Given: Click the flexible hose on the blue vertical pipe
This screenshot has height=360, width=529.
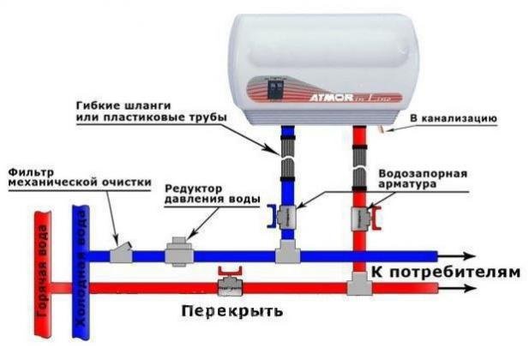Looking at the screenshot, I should click(287, 163).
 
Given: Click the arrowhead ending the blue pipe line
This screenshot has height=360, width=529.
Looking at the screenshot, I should click(469, 255).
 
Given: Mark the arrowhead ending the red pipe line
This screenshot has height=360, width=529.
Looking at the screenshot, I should click(469, 287).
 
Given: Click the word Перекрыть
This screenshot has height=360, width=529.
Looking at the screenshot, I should click(231, 311).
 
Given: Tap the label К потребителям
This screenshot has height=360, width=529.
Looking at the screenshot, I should click(445, 273).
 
